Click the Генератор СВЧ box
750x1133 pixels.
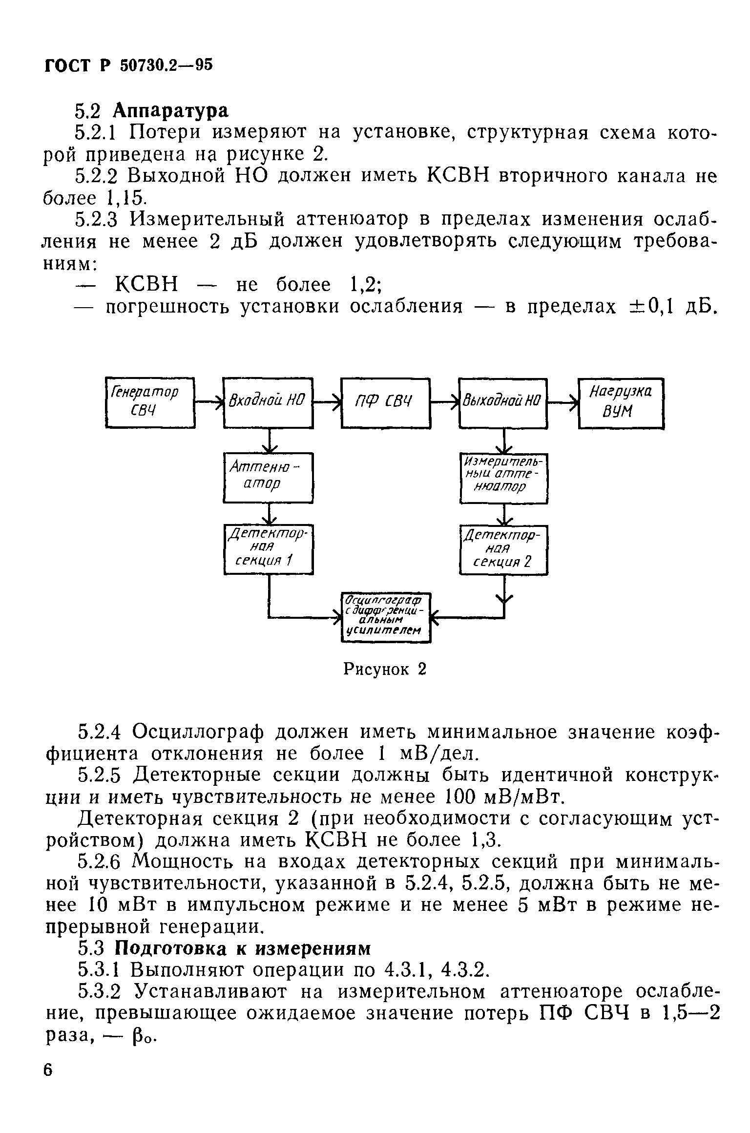(150, 402)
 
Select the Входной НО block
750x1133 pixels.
(268, 402)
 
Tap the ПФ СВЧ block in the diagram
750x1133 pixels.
(385, 402)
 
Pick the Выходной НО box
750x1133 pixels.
(503, 402)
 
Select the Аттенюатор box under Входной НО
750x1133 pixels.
(268, 477)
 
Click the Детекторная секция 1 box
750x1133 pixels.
(268, 549)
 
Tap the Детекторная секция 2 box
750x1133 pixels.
(503, 549)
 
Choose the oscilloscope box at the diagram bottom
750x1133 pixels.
(385, 617)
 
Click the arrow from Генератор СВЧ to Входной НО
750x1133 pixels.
(209, 402)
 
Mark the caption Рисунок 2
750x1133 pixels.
(385, 669)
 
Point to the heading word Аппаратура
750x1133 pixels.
(171, 111)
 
